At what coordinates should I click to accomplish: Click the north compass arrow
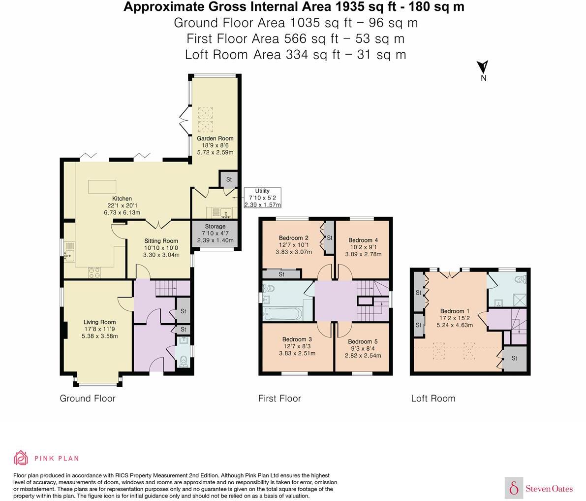tap(483, 67)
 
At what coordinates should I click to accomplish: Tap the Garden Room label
tap(216, 138)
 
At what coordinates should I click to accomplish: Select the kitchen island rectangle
tap(102, 187)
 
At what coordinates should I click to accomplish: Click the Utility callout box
tap(262, 198)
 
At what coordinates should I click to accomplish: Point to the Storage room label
tap(214, 227)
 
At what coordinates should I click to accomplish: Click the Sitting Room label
tap(161, 241)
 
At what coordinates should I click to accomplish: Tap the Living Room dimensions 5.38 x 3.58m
tap(100, 336)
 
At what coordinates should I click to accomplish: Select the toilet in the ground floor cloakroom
tap(183, 362)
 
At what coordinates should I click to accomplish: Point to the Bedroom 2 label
tap(293, 238)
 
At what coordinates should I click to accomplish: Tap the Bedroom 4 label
tap(365, 240)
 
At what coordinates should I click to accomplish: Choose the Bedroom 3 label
tap(297, 339)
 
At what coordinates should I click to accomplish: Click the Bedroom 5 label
tap(363, 342)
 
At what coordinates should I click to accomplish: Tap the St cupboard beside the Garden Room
tap(229, 179)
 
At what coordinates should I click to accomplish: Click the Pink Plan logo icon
tap(21, 458)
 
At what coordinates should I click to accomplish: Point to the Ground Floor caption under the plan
tap(88, 398)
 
